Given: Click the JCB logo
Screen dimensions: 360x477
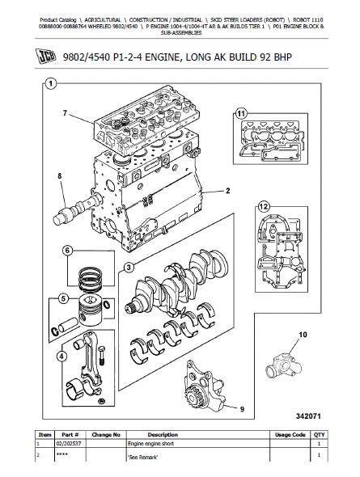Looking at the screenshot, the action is click(45, 57).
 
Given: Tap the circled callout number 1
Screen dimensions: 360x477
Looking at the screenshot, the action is click(50, 83).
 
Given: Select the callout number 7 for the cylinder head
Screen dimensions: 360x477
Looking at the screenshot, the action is click(65, 113).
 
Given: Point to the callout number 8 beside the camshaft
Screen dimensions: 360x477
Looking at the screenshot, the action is click(59, 175).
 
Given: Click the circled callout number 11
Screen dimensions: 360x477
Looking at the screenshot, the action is click(241, 114).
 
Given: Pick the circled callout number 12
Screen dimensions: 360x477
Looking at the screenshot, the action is click(264, 207).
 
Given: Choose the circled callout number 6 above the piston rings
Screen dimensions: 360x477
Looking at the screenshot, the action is click(67, 251).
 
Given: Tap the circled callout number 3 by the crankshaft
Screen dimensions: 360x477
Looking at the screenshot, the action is click(129, 268).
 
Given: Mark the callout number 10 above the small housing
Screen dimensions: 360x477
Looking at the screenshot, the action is click(303, 335).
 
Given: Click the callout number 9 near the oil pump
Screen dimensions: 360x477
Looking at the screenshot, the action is click(242, 409).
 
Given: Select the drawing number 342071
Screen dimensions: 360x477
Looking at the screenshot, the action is click(308, 416).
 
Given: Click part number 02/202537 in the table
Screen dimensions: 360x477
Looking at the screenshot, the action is click(69, 444).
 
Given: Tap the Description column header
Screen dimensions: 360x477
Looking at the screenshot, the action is click(163, 435).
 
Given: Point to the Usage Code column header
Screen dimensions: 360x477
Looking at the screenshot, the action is click(290, 435).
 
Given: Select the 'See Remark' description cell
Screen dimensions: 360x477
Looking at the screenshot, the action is click(142, 457).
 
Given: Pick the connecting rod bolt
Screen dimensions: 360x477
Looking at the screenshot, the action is click(103, 356).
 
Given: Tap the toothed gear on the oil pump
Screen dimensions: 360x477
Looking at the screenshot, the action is click(193, 395).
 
